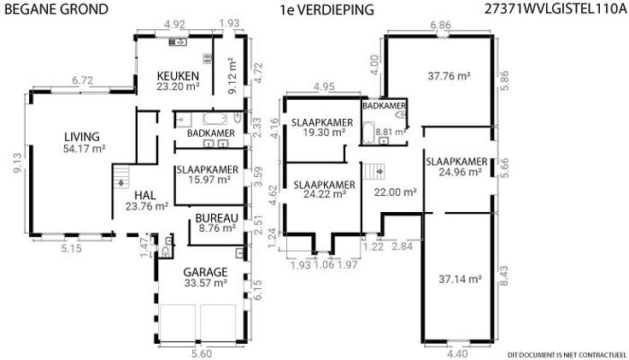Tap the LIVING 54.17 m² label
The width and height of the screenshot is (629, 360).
(x=84, y=143)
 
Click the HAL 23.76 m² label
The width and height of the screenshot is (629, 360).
(x=146, y=201)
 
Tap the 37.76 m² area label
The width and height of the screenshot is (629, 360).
(x=449, y=76)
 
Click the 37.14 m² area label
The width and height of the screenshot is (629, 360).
(x=460, y=279)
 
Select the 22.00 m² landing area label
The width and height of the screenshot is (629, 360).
(x=395, y=192)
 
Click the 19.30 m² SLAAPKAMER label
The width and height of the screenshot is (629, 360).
(x=322, y=127)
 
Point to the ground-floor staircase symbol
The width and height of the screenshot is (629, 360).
(x=121, y=177)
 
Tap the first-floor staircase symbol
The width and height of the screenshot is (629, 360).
(x=374, y=171)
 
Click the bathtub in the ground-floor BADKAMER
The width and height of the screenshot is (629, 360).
(x=215, y=118)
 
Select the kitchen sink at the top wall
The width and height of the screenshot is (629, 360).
(x=177, y=42)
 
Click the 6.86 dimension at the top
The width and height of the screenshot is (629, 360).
(x=440, y=25)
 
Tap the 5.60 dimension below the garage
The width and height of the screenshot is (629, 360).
(x=202, y=353)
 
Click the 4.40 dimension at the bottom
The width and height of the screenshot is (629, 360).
(x=457, y=353)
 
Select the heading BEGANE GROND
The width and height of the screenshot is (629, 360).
(x=56, y=9)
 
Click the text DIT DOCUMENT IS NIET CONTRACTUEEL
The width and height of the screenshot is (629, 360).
(x=567, y=355)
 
